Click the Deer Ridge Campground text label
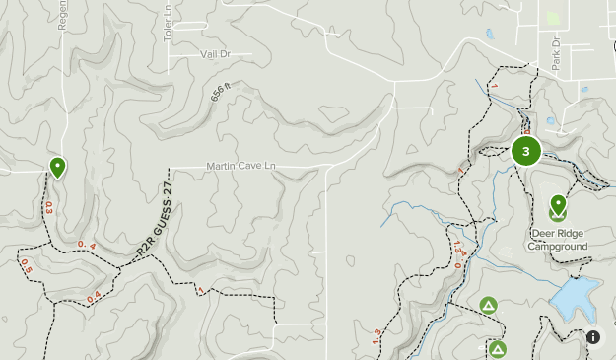(x=560, y=240)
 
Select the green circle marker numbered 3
(x=526, y=151)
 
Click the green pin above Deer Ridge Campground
(x=558, y=206)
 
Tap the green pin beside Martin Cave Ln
(x=58, y=167)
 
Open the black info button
(x=593, y=337)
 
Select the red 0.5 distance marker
(x=26, y=265)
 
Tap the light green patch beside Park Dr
(x=552, y=18)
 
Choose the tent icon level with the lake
(x=488, y=306)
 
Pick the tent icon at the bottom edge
(x=498, y=349)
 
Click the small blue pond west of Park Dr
(x=490, y=35)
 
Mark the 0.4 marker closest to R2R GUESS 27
(x=93, y=245)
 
